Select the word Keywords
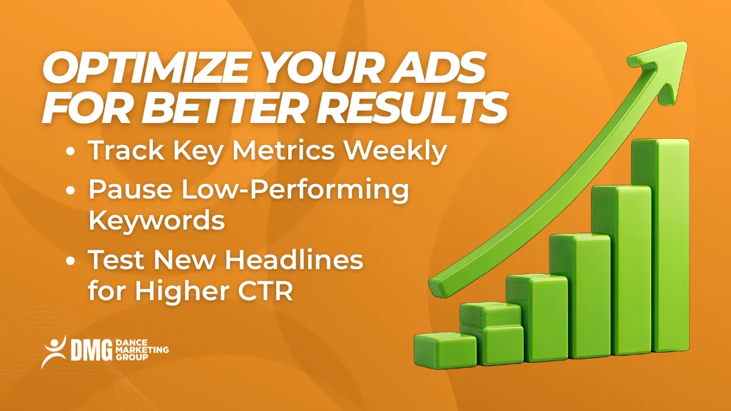pyautogui.click(x=157, y=220)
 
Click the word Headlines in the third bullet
pyautogui.click(x=295, y=261)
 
